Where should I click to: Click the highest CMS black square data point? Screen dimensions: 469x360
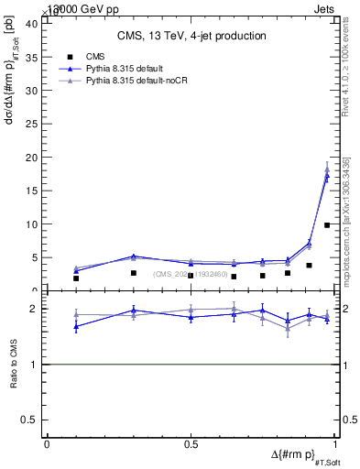[x=327, y=224]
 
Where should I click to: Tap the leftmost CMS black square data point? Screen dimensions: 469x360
[x=76, y=278]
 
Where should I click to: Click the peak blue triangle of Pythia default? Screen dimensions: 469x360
[x=327, y=175]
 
